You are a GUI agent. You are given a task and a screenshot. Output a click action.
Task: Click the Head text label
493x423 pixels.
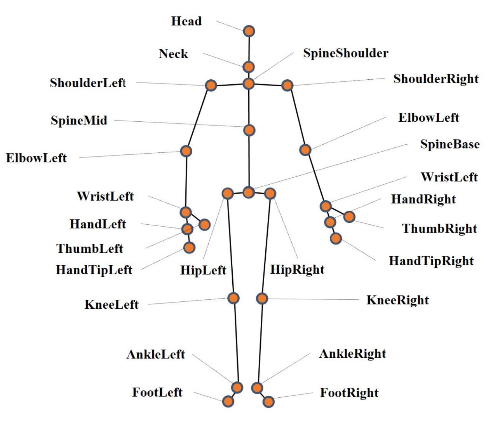pyautogui.click(x=186, y=21)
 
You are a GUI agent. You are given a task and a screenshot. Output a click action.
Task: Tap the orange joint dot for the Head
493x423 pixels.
pyautogui.click(x=249, y=31)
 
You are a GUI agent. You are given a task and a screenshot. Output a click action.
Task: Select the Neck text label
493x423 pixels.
pyautogui.click(x=173, y=54)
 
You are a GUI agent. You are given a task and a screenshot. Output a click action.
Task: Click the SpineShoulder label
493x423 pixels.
pyautogui.click(x=345, y=53)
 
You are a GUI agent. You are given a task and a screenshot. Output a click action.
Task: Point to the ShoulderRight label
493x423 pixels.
pyautogui.click(x=436, y=79)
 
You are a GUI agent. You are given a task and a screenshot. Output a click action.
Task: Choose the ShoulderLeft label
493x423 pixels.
pyautogui.click(x=88, y=83)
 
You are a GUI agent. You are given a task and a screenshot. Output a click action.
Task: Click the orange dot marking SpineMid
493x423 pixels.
pyautogui.click(x=249, y=130)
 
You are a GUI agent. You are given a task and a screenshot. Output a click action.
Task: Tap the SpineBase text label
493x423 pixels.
pyautogui.click(x=450, y=144)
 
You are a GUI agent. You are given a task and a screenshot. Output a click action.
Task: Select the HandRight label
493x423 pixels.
pyautogui.click(x=423, y=199)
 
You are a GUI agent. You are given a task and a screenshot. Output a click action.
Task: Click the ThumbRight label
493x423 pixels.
pyautogui.click(x=439, y=229)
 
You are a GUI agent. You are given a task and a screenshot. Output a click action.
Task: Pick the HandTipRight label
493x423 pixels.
pyautogui.click(x=431, y=261)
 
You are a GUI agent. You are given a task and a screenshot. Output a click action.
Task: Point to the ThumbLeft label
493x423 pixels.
pyautogui.click(x=90, y=249)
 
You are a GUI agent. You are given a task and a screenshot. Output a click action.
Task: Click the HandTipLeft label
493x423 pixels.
pyautogui.click(x=94, y=270)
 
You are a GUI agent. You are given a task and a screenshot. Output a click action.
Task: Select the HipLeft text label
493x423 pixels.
pyautogui.click(x=203, y=270)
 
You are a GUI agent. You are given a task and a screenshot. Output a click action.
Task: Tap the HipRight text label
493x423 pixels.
pyautogui.click(x=297, y=269)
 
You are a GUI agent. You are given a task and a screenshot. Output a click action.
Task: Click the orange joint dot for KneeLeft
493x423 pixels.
pyautogui.click(x=233, y=298)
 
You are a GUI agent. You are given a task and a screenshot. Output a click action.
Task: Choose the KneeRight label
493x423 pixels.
pyautogui.click(x=397, y=300)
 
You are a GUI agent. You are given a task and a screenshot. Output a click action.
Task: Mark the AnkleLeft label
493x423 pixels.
pyautogui.click(x=156, y=355)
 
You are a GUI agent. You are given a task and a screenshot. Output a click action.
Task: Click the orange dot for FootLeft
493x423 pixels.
pyautogui.click(x=228, y=401)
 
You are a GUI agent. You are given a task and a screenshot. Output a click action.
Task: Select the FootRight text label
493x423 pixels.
pyautogui.click(x=349, y=393)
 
